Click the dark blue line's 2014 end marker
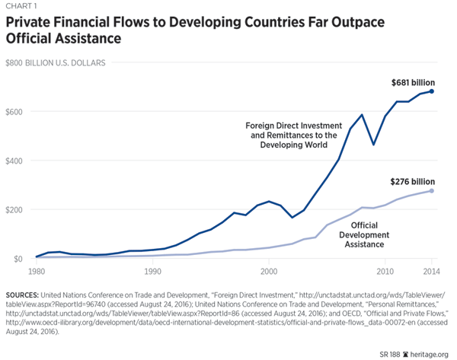click(x=432, y=91)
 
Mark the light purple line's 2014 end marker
click(x=432, y=191)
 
